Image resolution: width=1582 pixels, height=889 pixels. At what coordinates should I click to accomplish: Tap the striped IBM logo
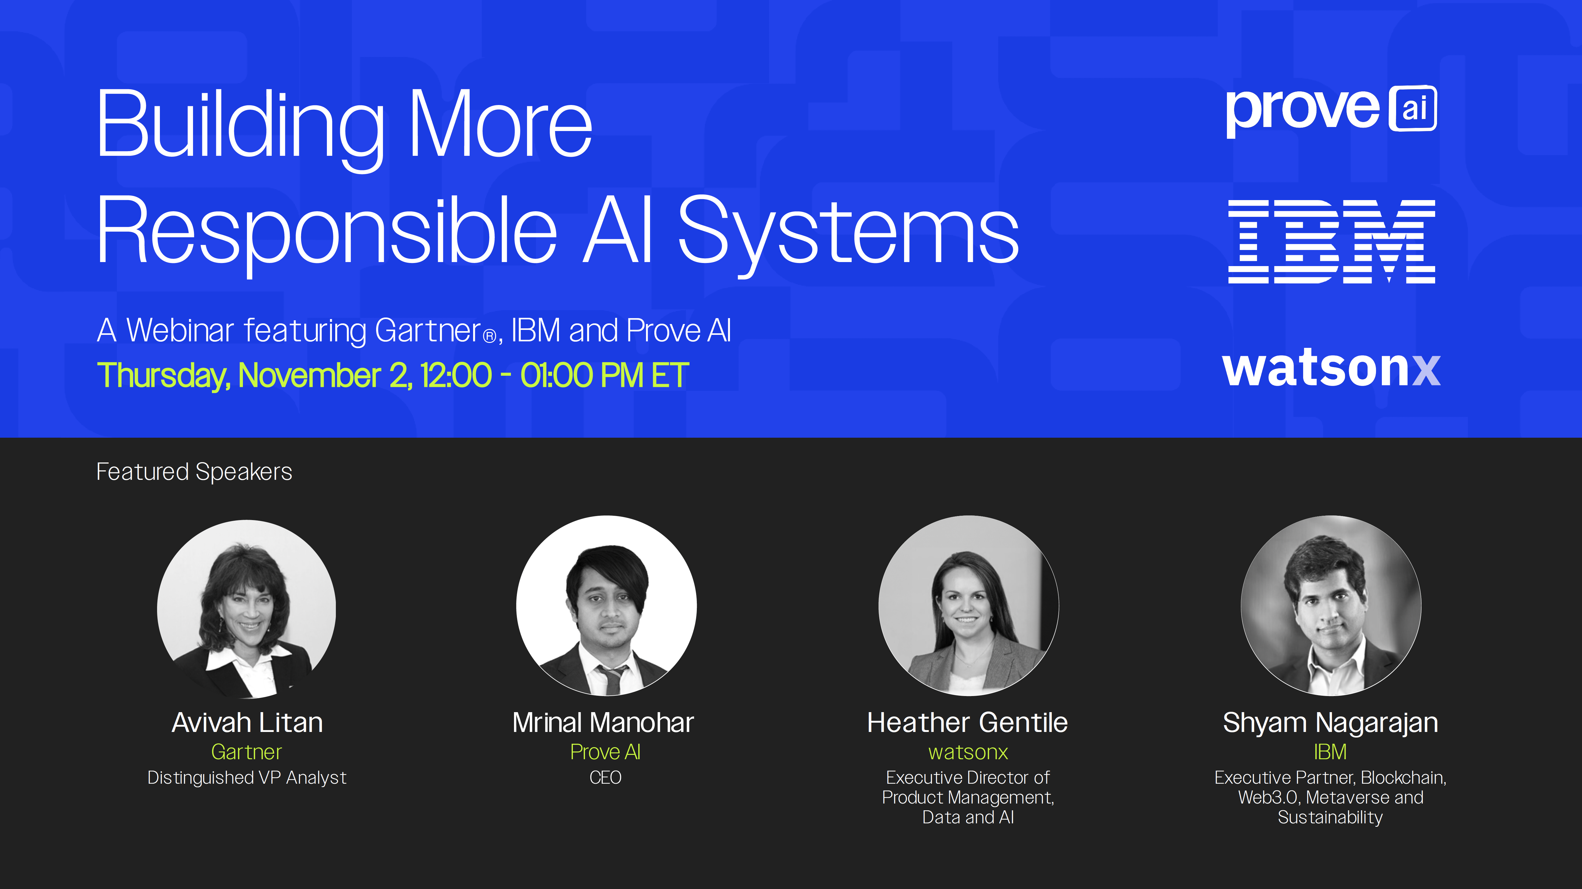pyautogui.click(x=1331, y=241)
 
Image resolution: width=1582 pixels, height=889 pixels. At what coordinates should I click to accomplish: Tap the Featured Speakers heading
pyautogui.click(x=194, y=471)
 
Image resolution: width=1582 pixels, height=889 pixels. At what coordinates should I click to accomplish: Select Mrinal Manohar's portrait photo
pyautogui.click(x=606, y=606)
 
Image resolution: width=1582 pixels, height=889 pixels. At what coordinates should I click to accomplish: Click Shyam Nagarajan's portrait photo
pyautogui.click(x=1331, y=606)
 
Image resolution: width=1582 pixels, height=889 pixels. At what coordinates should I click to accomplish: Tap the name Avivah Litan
pyautogui.click(x=247, y=723)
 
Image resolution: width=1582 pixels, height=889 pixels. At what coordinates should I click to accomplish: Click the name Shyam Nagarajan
pyautogui.click(x=1330, y=723)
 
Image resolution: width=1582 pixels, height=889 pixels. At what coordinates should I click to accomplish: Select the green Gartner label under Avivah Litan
pyautogui.click(x=246, y=752)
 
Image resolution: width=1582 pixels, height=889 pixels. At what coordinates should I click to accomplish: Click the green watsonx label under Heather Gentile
pyautogui.click(x=968, y=752)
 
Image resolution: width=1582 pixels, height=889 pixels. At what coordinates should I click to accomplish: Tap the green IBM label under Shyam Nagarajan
pyautogui.click(x=1330, y=752)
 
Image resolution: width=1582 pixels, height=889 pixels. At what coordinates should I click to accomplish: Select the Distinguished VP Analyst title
pyautogui.click(x=247, y=778)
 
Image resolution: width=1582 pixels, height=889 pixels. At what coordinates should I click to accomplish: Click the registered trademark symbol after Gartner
pyautogui.click(x=490, y=336)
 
